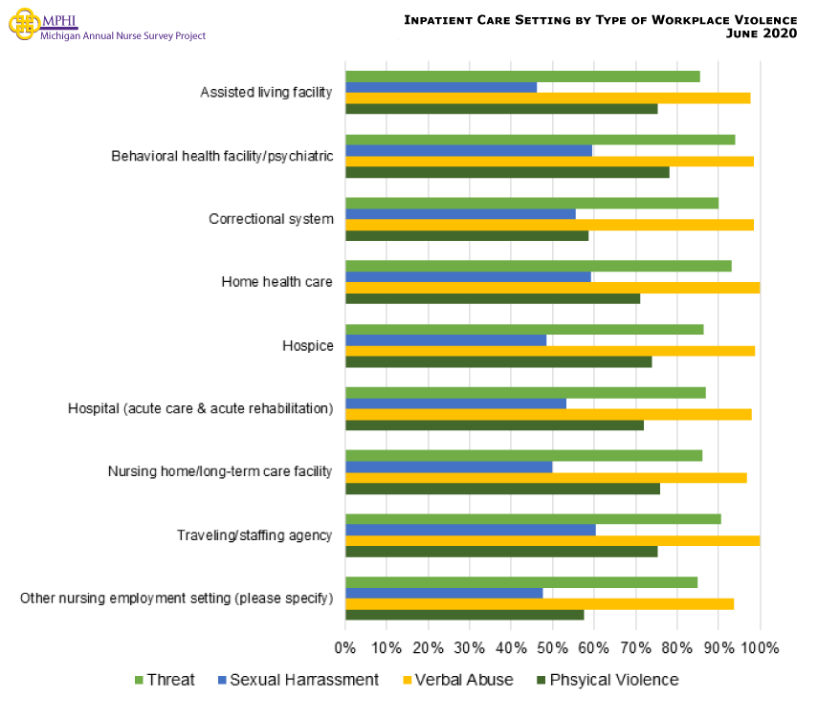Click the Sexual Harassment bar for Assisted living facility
(x=441, y=87)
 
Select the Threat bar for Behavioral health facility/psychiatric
(x=540, y=140)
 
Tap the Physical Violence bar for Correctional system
(x=467, y=235)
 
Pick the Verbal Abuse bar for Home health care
(x=552, y=288)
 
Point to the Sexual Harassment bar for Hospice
(x=446, y=339)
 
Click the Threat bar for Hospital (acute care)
(x=525, y=392)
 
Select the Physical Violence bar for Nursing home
(x=502, y=489)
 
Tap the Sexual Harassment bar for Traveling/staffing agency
(x=470, y=530)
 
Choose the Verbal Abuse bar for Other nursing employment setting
(x=540, y=603)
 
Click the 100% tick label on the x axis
(x=760, y=647)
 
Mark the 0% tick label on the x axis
(x=345, y=647)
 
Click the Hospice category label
(x=307, y=345)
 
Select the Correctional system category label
(x=271, y=219)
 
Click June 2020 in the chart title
(x=763, y=33)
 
